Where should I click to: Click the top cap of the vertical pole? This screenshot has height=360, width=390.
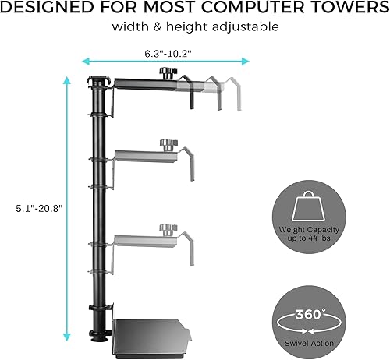click(98, 80)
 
